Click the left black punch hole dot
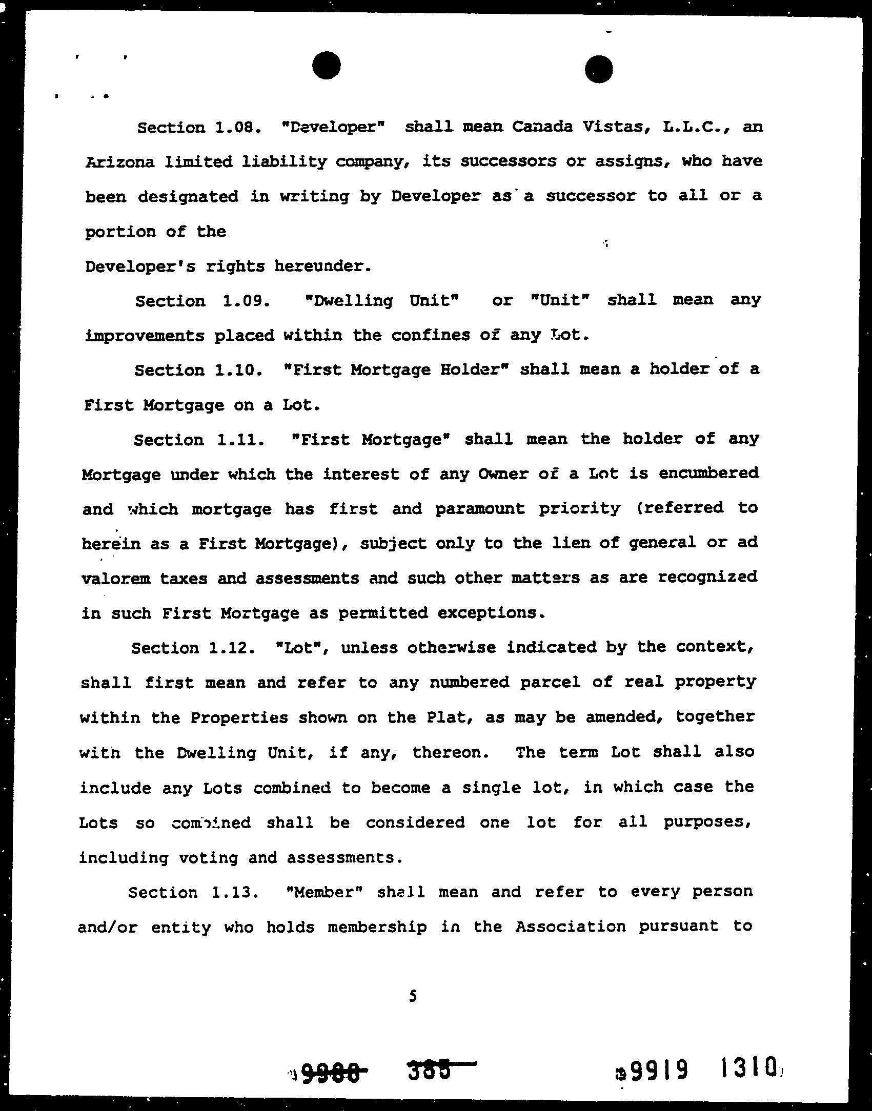[x=326, y=66]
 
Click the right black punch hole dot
[x=599, y=69]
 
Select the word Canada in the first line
[x=542, y=127]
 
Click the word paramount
[x=480, y=509]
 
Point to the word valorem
[x=116, y=579]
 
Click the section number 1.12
[x=232, y=648]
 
